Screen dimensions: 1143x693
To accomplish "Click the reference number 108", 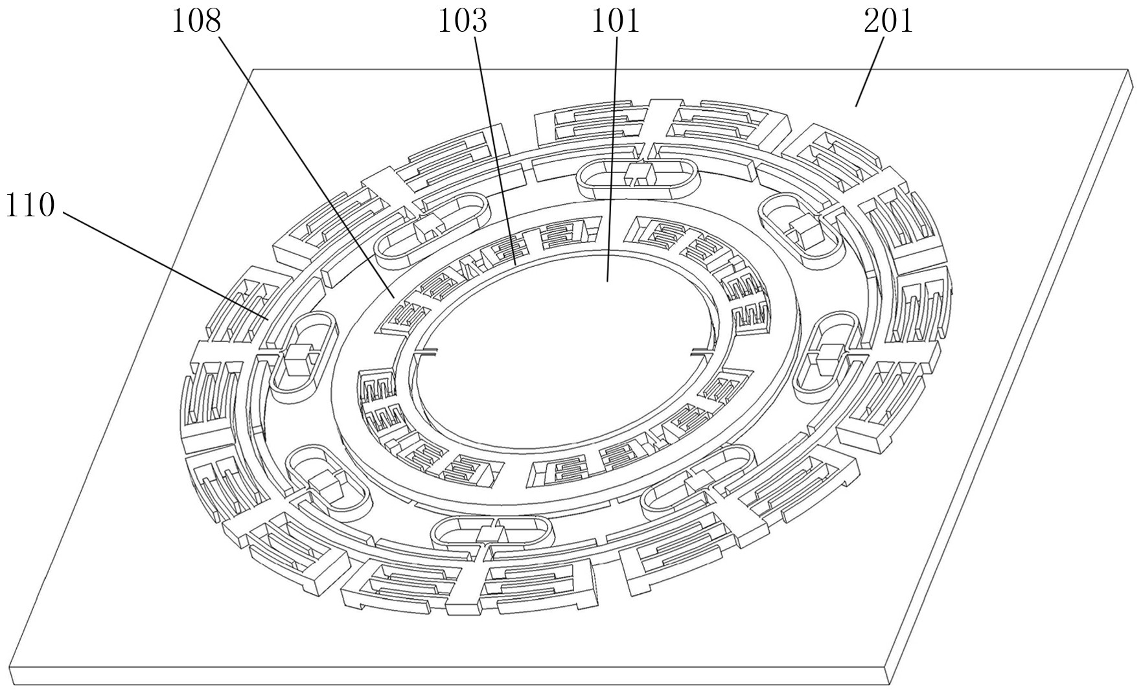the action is pos(196,21).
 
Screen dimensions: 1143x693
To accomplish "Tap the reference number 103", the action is pos(462,21).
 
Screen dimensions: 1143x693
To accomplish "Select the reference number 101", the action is pos(615,21).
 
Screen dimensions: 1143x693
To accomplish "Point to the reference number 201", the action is pos(888,21).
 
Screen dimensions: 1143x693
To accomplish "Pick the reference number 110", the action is pos(29,207).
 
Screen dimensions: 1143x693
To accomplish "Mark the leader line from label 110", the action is pos(165,266).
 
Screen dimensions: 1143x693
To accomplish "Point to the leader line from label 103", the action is pos(494,150).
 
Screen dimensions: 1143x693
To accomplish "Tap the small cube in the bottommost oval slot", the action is pos(492,532).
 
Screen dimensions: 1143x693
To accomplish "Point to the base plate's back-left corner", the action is pos(254,69).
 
